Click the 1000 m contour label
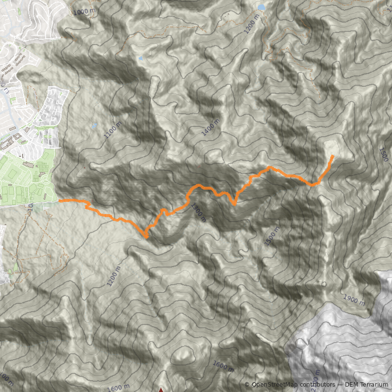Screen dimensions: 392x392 coord(83,11)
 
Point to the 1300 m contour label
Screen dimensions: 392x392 coord(199,213)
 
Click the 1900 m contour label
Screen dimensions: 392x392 coord(354,299)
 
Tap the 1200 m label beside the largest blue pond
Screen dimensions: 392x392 coord(251,23)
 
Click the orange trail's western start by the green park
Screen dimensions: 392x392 coord(60,200)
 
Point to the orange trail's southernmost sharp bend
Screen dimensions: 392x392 coord(147,238)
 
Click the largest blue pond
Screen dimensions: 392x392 coord(261,7)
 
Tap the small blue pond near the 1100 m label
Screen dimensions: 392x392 coord(95,125)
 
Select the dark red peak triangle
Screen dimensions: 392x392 coord(161,390)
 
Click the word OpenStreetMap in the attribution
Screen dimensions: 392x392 coord(274,385)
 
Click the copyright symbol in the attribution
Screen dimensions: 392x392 coord(247,385)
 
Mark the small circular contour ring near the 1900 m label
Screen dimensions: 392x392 coord(323,284)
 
